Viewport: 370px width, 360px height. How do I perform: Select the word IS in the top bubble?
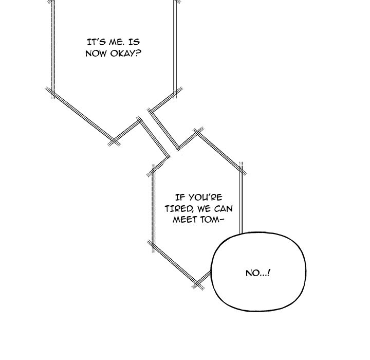tap(134, 42)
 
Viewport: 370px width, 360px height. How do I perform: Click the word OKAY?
tap(125, 53)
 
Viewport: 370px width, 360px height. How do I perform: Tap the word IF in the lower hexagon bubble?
tap(180, 197)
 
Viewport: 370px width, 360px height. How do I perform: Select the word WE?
tap(204, 209)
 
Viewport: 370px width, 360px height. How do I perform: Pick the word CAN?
tap(224, 209)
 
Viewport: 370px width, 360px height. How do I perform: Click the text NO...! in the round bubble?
tap(258, 273)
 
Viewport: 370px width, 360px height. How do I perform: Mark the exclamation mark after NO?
tap(269, 273)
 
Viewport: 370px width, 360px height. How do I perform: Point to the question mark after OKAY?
tap(138, 53)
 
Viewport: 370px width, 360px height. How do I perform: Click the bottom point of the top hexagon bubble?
tap(114, 141)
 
